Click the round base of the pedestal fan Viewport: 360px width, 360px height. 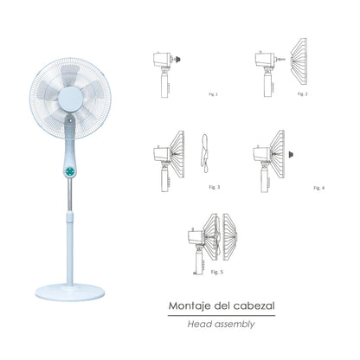click(70, 288)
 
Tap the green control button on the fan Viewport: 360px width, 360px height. click(69, 170)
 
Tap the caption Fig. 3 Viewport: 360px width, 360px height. click(214, 186)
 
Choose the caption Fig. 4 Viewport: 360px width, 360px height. click(318, 187)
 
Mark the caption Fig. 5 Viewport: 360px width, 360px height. click(215, 271)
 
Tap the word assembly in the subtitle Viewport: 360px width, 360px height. click(240, 326)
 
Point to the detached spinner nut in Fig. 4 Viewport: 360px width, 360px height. click(287, 156)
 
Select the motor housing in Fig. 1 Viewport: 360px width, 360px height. click(163, 61)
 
